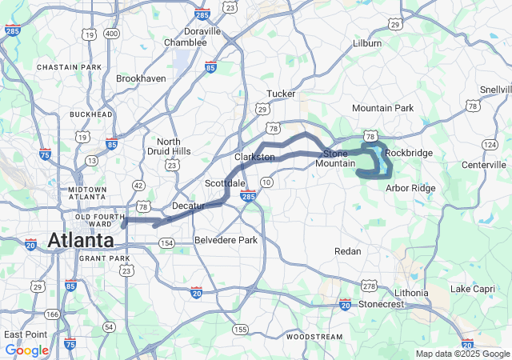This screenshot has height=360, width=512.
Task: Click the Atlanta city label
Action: click(x=80, y=240)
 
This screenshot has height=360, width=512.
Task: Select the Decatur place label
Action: click(x=188, y=206)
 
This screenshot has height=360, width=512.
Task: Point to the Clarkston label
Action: click(x=254, y=157)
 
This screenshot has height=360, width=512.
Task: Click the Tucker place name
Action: click(x=281, y=94)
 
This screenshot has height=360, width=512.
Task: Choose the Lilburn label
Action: click(x=367, y=43)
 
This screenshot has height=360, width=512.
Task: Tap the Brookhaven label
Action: click(x=141, y=79)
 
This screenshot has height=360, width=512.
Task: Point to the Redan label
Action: click(x=348, y=251)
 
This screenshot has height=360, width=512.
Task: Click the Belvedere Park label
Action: click(x=226, y=240)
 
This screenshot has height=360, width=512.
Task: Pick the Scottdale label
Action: click(x=225, y=183)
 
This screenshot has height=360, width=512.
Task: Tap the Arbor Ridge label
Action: click(x=410, y=188)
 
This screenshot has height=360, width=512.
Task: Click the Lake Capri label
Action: click(x=473, y=288)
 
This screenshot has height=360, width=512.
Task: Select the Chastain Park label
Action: click(x=70, y=66)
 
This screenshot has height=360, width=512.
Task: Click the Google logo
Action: click(x=26, y=350)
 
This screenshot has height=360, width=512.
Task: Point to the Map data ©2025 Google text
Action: click(x=462, y=354)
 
